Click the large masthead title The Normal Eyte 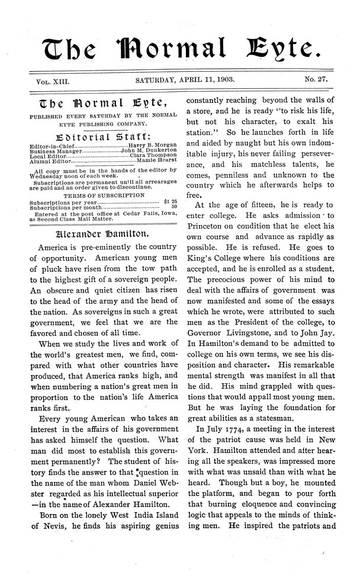[179, 43]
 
